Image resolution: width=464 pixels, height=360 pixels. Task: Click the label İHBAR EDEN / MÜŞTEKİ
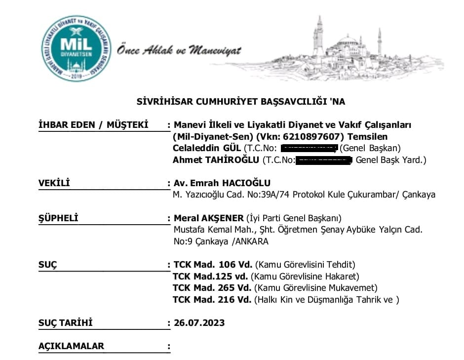pyautogui.click(x=93, y=125)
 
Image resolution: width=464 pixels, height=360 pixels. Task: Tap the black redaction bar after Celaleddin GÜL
pyautogui.click(x=308, y=148)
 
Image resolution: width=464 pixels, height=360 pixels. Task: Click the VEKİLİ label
pyautogui.click(x=54, y=184)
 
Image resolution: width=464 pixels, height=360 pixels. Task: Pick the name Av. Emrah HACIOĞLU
pyautogui.click(x=222, y=183)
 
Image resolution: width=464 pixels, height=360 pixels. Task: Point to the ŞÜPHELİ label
pyautogui.click(x=58, y=218)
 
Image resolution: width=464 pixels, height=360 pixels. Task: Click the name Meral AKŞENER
pyautogui.click(x=209, y=218)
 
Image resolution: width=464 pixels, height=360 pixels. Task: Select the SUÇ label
pyautogui.click(x=47, y=265)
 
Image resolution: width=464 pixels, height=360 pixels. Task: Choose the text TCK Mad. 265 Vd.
pyautogui.click(x=212, y=288)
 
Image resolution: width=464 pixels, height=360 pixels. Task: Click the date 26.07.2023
pyautogui.click(x=199, y=323)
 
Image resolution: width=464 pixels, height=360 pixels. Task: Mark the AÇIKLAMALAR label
pyautogui.click(x=71, y=346)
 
